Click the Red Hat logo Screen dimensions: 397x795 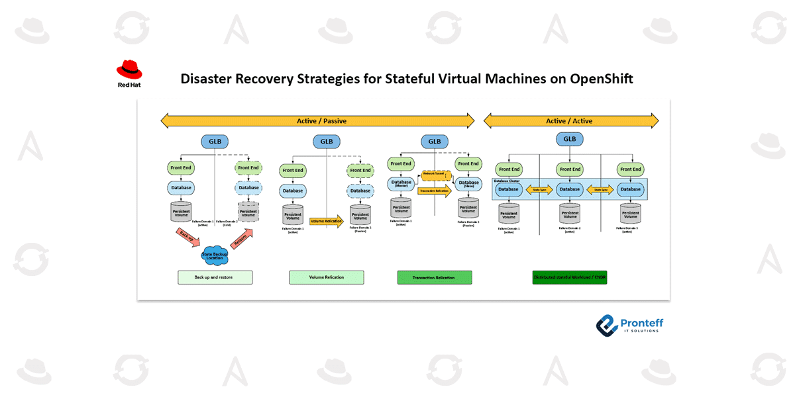(129, 73)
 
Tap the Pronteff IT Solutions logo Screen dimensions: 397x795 (629, 324)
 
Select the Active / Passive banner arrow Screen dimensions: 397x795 (317, 120)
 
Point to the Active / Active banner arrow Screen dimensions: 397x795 (570, 120)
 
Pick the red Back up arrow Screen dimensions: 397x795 (187, 236)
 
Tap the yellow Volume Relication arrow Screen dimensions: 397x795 (327, 221)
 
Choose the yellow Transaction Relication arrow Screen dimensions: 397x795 (435, 191)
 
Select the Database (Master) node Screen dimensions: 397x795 (401, 183)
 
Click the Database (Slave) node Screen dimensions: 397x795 (468, 183)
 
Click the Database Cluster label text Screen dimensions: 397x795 (507, 180)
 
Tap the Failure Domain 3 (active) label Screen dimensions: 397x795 (630, 230)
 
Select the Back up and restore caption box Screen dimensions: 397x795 (215, 277)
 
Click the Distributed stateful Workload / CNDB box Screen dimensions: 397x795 (570, 277)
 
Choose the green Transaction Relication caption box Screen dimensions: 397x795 (435, 277)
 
